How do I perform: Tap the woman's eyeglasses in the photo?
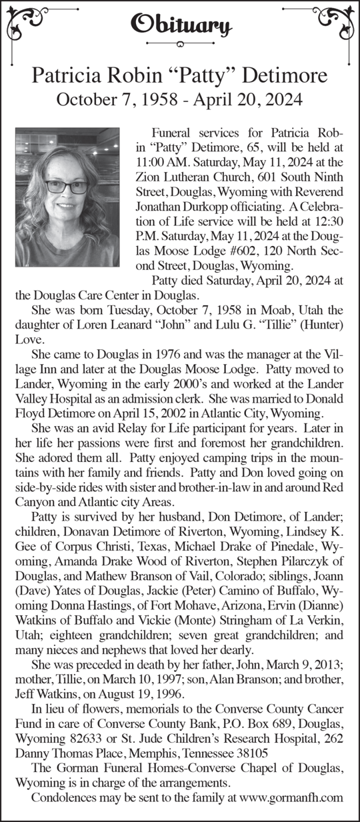67,187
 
